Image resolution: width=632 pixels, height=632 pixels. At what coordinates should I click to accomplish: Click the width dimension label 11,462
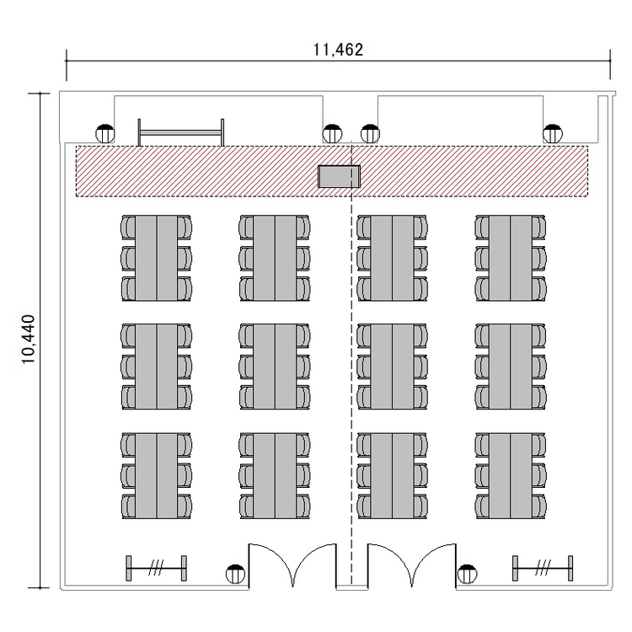pos(338,50)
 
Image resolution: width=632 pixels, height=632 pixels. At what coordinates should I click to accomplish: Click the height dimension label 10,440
pos(29,340)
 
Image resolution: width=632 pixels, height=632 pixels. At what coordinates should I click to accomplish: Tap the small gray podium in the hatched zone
pos(339,177)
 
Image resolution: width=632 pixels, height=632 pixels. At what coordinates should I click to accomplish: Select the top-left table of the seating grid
pos(157,258)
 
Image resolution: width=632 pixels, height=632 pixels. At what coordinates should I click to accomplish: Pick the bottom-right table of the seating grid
pos(511,476)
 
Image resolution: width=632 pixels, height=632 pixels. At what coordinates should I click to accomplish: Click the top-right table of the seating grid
pos(511,258)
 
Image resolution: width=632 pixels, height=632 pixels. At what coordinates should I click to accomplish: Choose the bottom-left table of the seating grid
pos(157,476)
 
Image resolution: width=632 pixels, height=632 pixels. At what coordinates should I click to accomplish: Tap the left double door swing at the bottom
pos(292,565)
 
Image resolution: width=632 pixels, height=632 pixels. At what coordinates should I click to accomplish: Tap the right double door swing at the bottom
pos(411,565)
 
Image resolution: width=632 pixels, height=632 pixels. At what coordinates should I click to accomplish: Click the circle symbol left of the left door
pos(235,574)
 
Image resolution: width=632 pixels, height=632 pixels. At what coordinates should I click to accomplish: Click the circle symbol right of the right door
pos(467,574)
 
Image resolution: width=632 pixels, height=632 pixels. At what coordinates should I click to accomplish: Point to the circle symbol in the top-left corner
pos(104,134)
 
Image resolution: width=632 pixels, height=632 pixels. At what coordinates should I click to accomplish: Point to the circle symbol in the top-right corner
pos(553,134)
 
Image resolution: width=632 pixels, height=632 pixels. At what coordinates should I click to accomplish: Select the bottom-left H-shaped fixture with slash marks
pos(157,568)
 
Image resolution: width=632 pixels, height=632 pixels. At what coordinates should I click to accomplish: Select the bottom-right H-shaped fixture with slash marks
pos(543,568)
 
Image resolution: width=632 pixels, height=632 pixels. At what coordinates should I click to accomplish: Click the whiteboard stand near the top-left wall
pos(181,132)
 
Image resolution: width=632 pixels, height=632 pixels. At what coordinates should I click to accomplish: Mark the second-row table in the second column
pos(275,367)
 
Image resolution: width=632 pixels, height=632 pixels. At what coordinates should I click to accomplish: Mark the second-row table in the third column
pos(392,367)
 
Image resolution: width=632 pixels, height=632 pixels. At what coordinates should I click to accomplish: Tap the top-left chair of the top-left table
pos(128,227)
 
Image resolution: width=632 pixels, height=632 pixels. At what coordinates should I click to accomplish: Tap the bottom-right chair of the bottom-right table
pos(539,507)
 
